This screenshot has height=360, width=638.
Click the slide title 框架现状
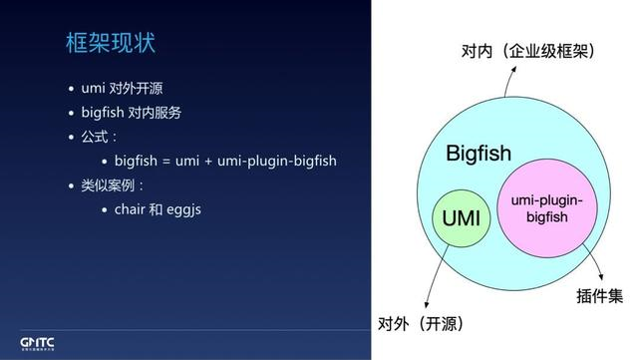click(x=110, y=45)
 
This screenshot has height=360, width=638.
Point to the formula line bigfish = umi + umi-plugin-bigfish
click(x=225, y=161)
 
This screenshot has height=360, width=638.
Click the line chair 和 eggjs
click(x=163, y=209)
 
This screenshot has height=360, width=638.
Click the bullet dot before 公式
click(x=71, y=137)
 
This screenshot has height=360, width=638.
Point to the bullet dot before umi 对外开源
click(x=71, y=88)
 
